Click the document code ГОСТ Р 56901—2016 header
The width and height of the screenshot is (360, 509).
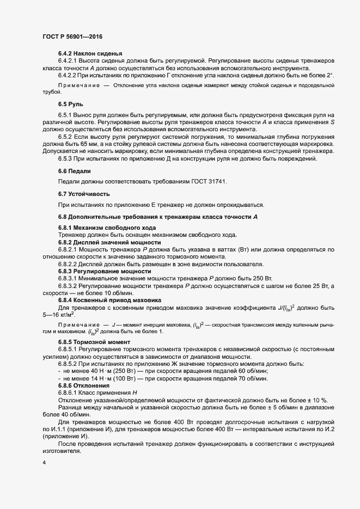point(72,36)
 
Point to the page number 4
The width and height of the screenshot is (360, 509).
point(44,463)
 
